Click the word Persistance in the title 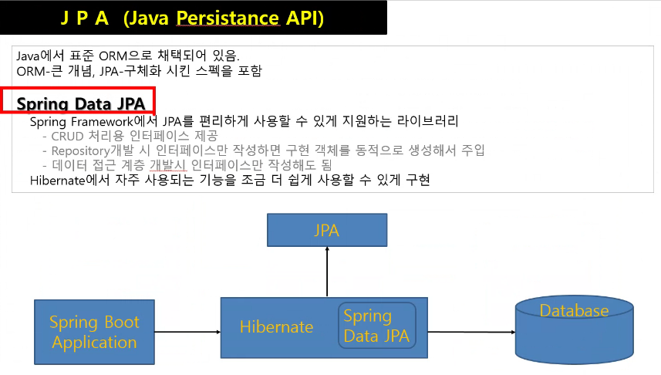(228, 19)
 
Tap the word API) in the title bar (305, 19)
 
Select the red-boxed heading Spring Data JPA (80, 103)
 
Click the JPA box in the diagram (327, 230)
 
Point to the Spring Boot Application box (94, 332)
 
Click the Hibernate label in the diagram (277, 327)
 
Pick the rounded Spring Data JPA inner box (377, 325)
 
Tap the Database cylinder (574, 329)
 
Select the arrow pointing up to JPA (327, 272)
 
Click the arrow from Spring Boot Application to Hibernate (187, 332)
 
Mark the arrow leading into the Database (472, 332)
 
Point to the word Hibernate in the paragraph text (58, 181)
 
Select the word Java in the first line (28, 56)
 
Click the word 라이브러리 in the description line (427, 121)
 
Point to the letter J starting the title (65, 19)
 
